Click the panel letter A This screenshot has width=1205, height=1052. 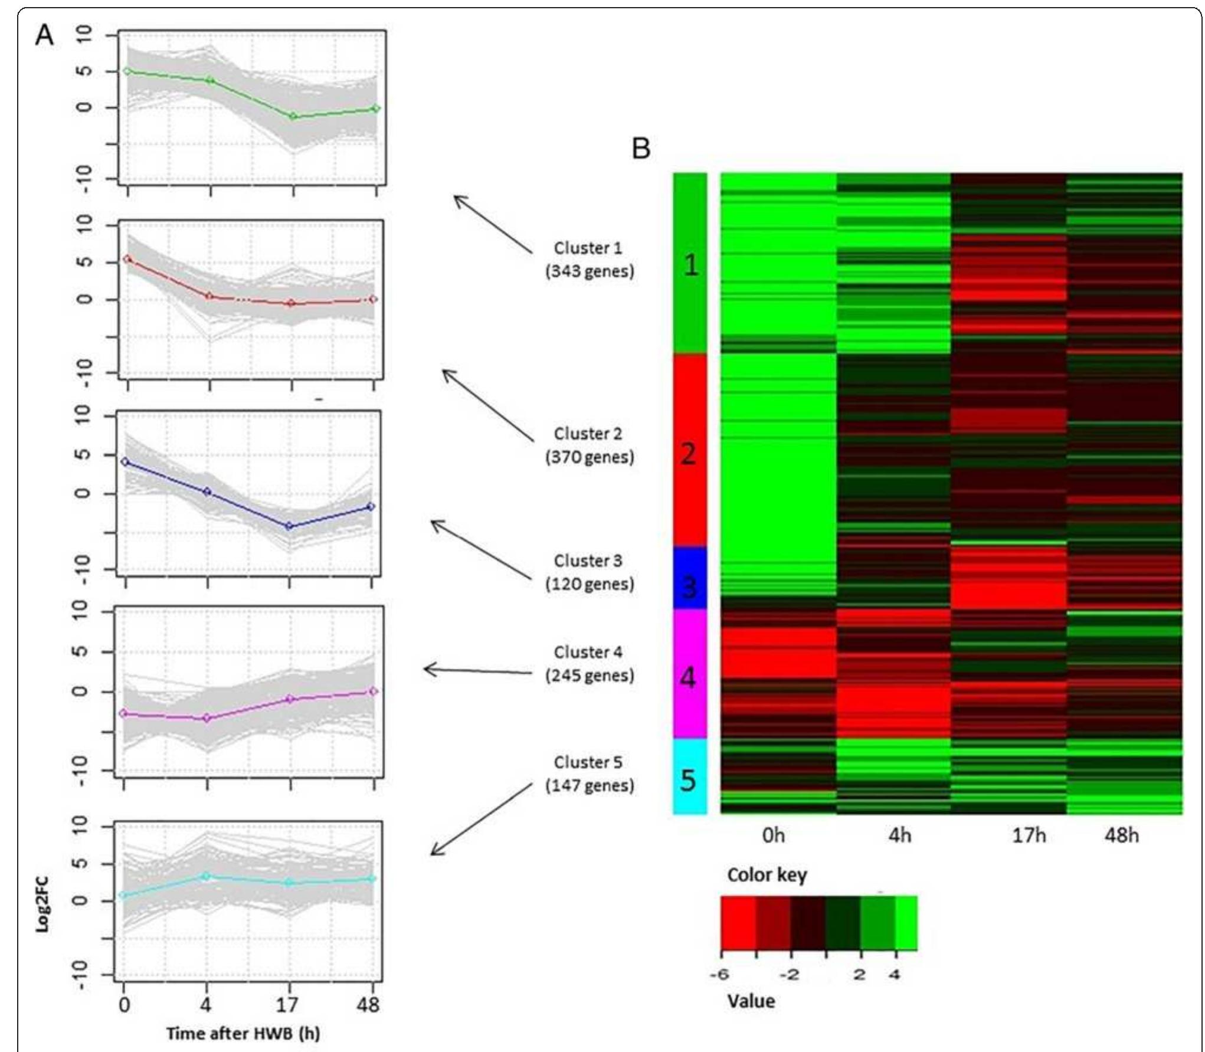click(45, 35)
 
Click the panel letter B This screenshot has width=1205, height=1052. click(641, 149)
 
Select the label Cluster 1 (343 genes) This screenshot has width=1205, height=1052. click(589, 260)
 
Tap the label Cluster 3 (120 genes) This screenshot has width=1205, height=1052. click(589, 572)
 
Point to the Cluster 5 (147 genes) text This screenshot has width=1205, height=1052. click(589, 774)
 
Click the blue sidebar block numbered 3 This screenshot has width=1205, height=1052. click(689, 578)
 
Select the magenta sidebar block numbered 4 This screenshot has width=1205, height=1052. click(689, 674)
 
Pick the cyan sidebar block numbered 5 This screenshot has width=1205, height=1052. click(689, 777)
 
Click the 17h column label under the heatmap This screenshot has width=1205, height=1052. click(1029, 835)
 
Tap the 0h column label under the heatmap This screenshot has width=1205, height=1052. click(773, 835)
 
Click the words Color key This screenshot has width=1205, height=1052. click(767, 874)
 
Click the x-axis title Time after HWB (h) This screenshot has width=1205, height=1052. click(243, 1033)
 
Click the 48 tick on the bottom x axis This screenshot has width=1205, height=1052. click(369, 1004)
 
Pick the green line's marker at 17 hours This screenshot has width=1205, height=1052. click(293, 116)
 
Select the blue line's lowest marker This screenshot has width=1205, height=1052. click(289, 526)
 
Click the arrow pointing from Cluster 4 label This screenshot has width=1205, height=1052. click(478, 671)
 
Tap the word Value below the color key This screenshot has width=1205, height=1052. click(751, 1001)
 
